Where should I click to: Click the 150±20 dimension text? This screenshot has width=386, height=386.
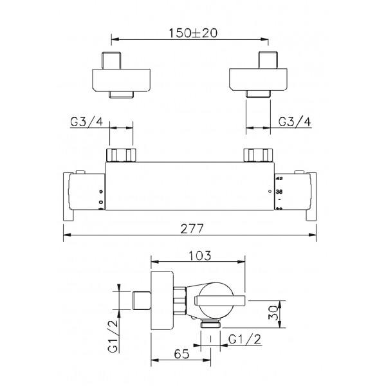193,33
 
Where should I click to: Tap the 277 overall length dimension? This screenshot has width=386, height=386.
192,228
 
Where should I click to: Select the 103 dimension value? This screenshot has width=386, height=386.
200,255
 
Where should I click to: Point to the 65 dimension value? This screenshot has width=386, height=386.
181,354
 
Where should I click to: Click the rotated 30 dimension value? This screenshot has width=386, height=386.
274,313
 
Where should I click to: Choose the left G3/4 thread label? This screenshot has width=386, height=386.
87,122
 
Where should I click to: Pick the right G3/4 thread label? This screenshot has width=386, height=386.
295,122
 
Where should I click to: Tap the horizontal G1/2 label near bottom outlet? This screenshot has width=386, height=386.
244,340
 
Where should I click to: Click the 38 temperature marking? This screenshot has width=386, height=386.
279,191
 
